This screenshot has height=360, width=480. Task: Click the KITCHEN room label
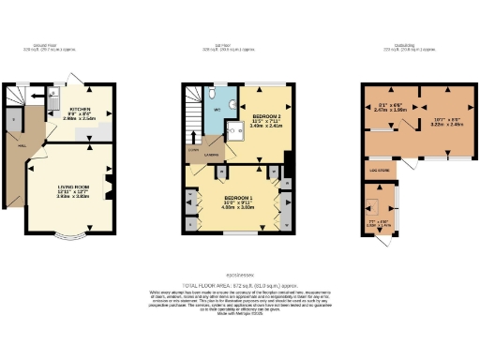coord(79,82)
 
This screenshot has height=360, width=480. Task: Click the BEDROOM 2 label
coord(265,96)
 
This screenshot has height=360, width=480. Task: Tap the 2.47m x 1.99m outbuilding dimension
coord(386,109)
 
